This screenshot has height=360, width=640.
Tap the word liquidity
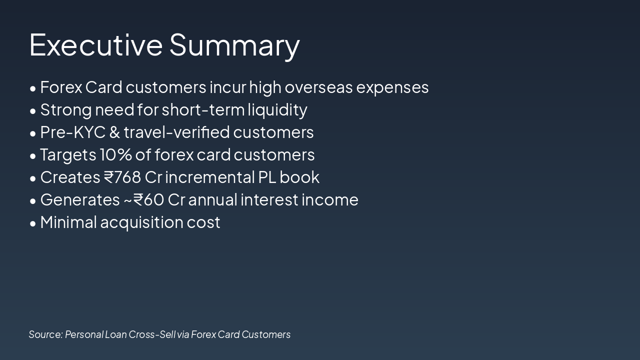(277, 110)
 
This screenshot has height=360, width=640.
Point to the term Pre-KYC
(72, 132)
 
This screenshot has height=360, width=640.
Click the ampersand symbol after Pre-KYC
(114, 132)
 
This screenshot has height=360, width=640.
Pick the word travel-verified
(176, 132)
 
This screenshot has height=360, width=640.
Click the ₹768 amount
(122, 177)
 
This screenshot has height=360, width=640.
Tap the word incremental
(210, 177)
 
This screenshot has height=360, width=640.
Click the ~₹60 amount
(143, 199)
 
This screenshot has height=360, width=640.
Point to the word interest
(269, 199)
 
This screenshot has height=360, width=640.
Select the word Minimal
(68, 222)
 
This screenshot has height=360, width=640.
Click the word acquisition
(141, 222)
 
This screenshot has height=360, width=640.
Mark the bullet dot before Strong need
(33, 110)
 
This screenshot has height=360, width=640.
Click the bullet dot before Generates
(33, 200)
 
